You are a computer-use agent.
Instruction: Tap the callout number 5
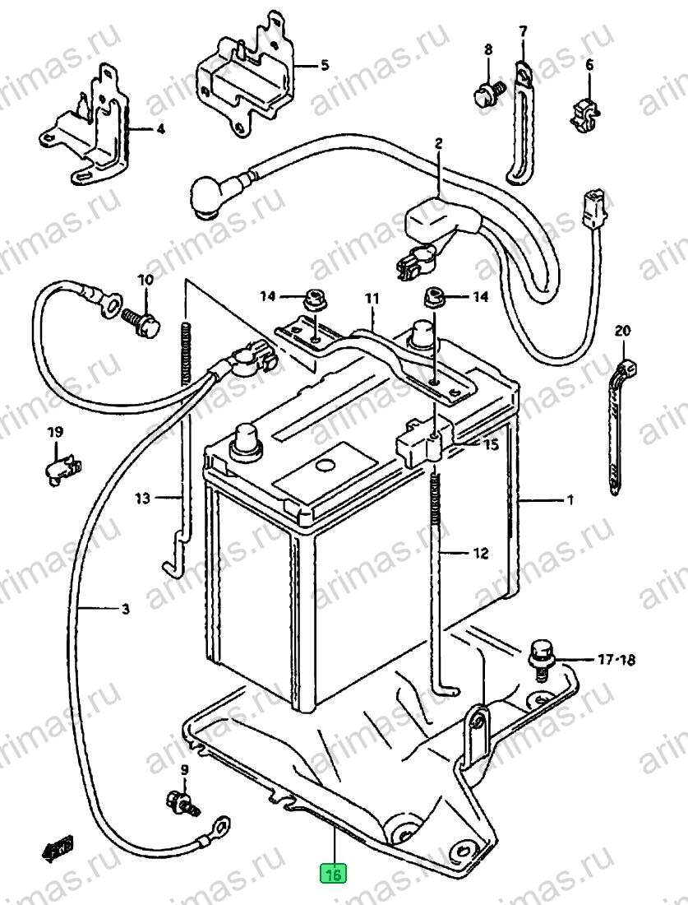click(325, 65)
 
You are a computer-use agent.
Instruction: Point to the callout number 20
click(622, 332)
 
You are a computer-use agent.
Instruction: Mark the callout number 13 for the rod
click(142, 498)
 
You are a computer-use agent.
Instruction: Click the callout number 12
click(481, 553)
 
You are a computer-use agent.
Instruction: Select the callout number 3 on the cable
click(126, 608)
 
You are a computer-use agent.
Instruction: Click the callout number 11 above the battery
click(372, 299)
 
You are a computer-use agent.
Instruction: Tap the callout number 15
click(491, 445)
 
